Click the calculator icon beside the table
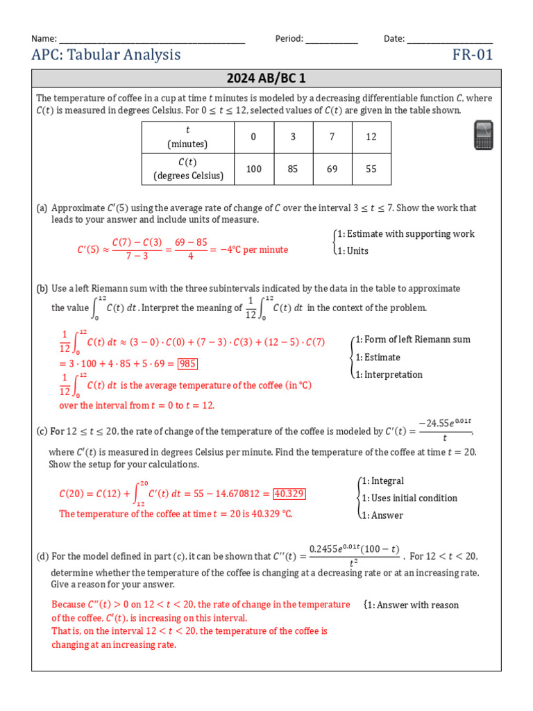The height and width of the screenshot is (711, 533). coord(483,135)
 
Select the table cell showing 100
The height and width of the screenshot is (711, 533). coord(254,169)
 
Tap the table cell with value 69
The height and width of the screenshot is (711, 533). coord(332,169)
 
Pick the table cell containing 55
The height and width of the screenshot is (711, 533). coord(371,169)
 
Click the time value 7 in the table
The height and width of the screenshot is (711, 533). coord(332,137)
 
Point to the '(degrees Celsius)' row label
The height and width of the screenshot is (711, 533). coord(188,176)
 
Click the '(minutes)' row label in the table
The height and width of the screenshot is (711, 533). coord(188,144)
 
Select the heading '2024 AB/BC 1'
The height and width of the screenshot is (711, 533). coord(266,78)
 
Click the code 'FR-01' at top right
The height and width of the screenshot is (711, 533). coord(473,55)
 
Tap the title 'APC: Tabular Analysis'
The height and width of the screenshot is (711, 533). coord(106,55)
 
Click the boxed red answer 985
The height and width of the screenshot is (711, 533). coord(188,363)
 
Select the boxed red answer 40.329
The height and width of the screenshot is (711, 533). coord(289,494)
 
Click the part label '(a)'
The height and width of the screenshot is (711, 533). coord(42,208)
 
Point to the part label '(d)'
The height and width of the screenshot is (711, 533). coord(42,555)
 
